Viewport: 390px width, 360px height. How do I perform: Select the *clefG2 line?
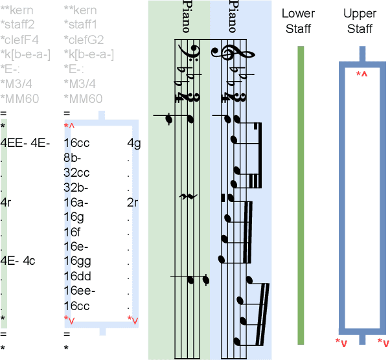[84, 40]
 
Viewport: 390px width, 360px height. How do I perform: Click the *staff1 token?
[80, 25]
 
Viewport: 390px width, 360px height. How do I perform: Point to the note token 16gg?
[76, 262]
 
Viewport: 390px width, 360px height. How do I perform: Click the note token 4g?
[133, 143]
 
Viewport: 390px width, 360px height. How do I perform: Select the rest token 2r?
[133, 202]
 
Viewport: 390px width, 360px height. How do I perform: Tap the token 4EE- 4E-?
[25, 143]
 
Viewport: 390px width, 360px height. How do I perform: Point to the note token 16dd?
[76, 276]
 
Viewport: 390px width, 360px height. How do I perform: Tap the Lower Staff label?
[298, 21]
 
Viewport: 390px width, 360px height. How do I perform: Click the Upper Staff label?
[360, 21]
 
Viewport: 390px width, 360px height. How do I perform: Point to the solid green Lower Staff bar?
[300, 194]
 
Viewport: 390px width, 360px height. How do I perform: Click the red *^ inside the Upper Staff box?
[361, 75]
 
